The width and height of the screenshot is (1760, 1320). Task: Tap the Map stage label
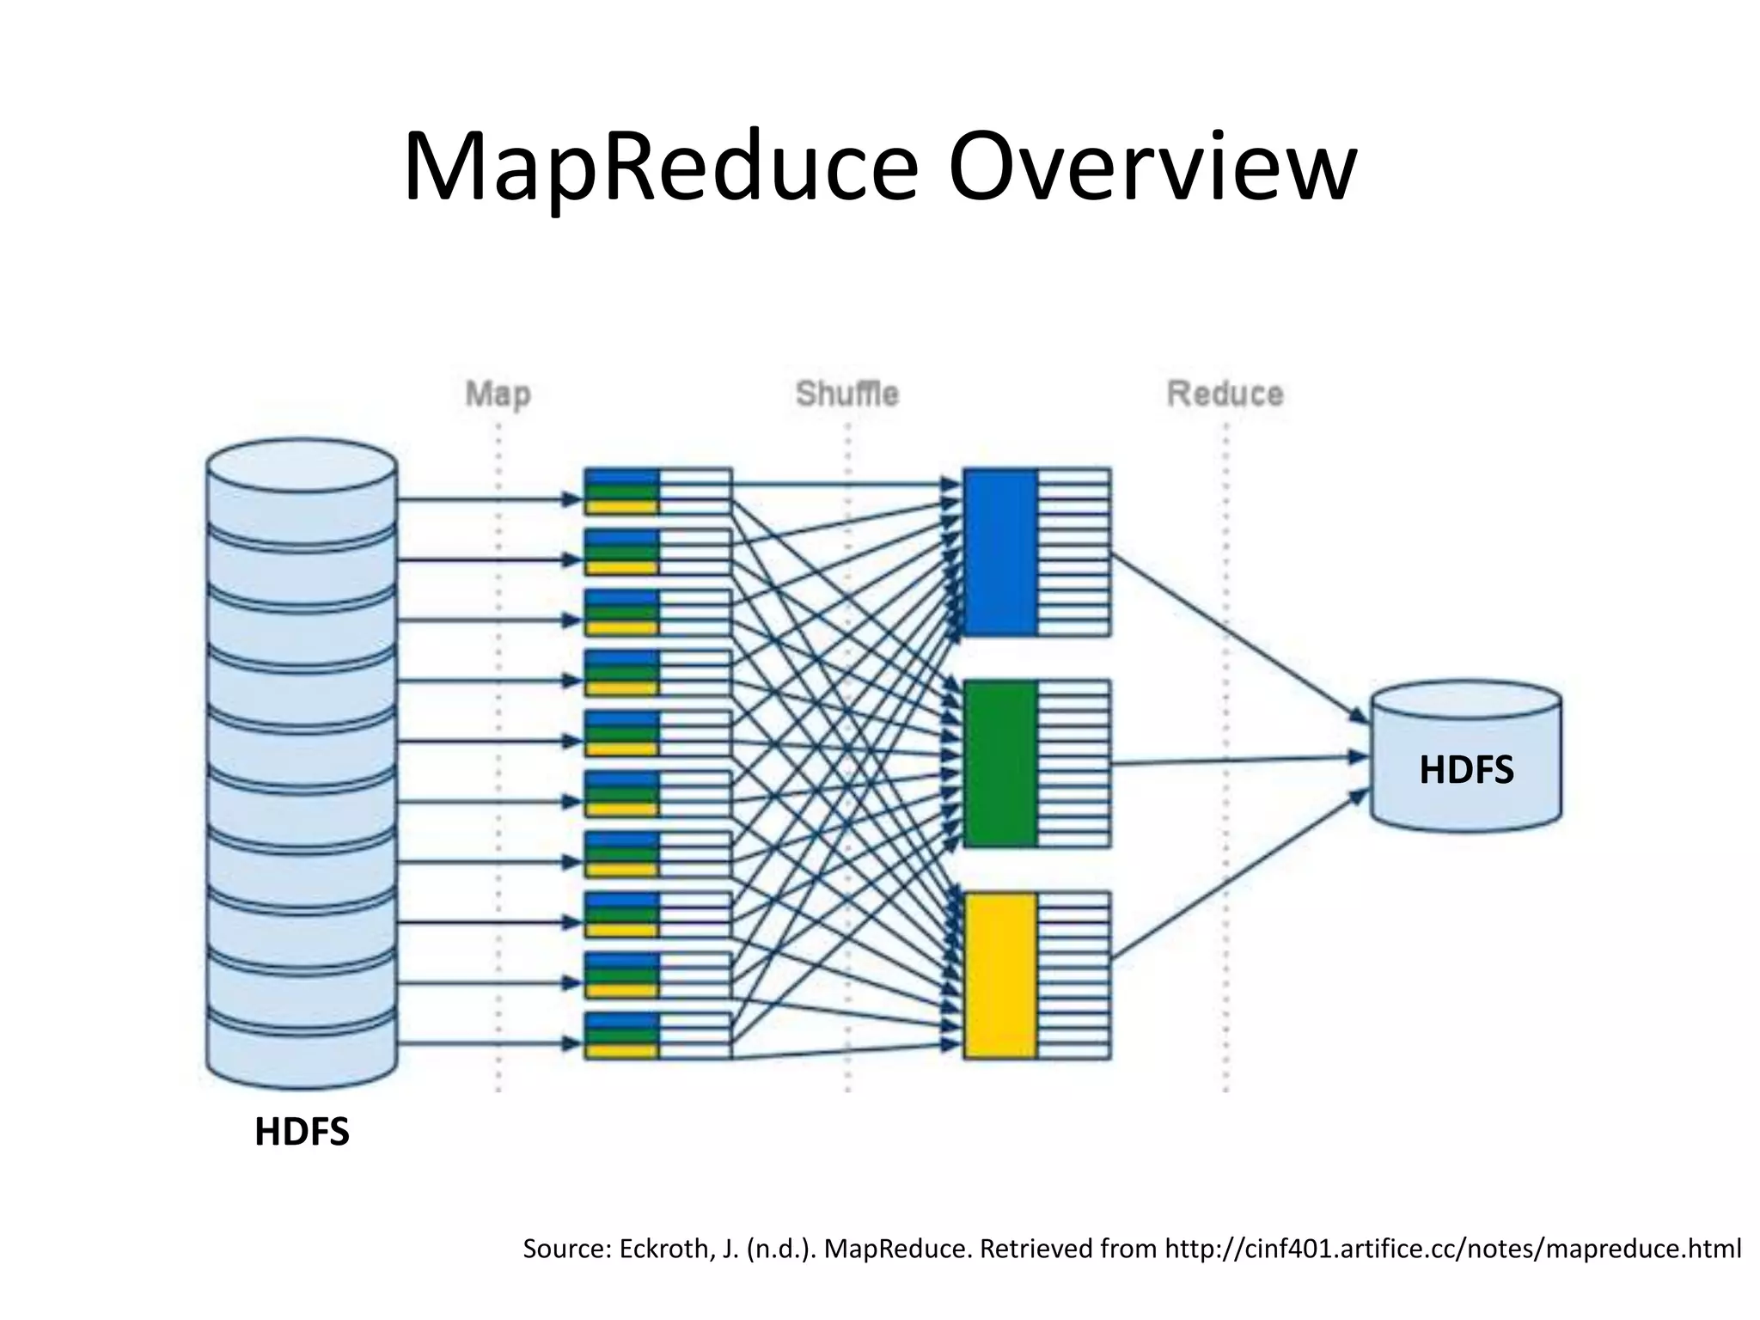coord(498,394)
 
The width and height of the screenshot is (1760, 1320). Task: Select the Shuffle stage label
coord(846,394)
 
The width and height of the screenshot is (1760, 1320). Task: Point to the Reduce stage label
coord(1225,394)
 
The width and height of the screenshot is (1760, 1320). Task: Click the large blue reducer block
coord(999,551)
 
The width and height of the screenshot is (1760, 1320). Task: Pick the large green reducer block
coord(999,762)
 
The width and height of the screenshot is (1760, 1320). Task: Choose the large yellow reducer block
coord(999,975)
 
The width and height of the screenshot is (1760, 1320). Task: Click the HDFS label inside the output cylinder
coord(1466,769)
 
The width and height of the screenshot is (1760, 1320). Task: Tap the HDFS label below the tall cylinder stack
coord(302,1132)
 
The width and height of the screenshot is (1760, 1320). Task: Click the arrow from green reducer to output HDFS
coord(1237,761)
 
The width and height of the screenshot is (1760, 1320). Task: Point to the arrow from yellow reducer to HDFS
coord(1237,877)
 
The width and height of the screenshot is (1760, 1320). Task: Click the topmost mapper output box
coord(657,491)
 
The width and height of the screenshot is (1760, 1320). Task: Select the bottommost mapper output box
coord(657,1036)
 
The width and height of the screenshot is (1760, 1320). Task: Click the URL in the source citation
coord(1452,1248)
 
